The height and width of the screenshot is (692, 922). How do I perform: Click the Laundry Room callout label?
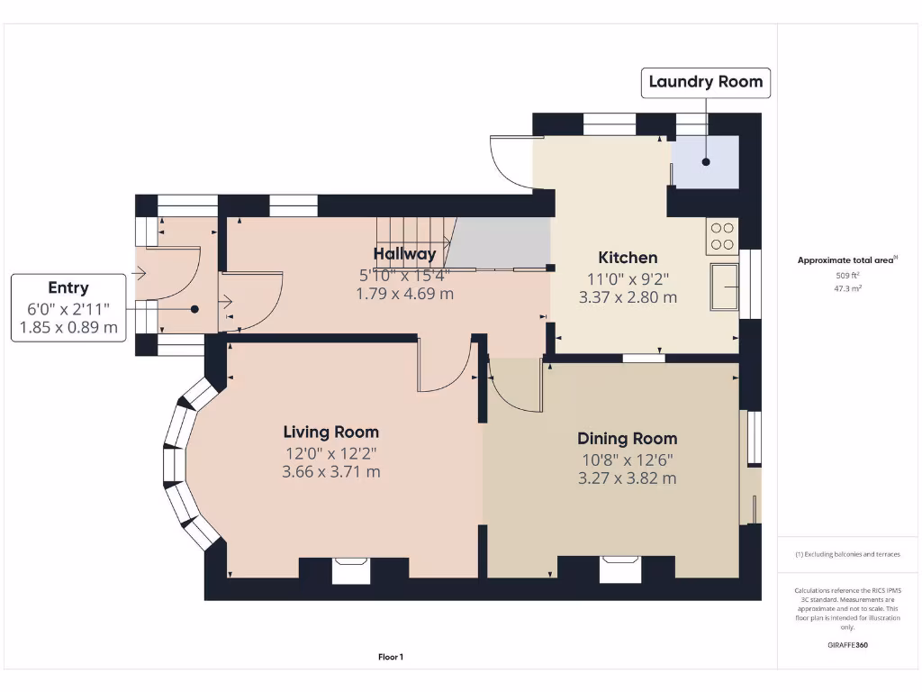click(x=705, y=82)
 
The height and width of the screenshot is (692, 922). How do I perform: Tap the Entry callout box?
click(x=68, y=308)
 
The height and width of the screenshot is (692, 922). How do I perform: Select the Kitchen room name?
click(x=628, y=258)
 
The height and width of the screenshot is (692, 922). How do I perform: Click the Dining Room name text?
click(x=627, y=439)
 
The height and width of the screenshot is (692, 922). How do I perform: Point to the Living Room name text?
click(x=330, y=432)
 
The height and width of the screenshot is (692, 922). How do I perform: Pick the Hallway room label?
click(x=404, y=254)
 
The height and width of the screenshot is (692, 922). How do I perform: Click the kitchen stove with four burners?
click(x=722, y=236)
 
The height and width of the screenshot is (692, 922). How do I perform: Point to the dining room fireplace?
click(x=619, y=569)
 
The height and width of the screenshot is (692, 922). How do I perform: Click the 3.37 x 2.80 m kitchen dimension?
click(x=628, y=297)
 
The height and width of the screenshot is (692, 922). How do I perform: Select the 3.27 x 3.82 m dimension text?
click(x=627, y=478)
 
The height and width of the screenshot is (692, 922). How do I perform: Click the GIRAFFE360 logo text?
click(x=846, y=645)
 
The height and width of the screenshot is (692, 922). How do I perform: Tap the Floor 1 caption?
click(x=390, y=658)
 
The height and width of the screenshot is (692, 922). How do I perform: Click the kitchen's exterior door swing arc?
click(x=509, y=164)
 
